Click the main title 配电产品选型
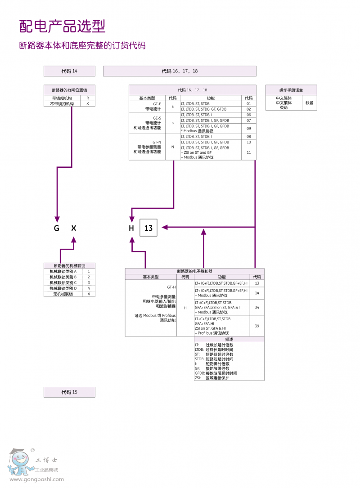point(62,26)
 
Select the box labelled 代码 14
point(69,71)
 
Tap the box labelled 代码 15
point(69,392)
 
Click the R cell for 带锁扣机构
point(88,98)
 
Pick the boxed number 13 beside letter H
point(148,228)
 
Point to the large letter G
point(57,228)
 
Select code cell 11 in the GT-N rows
point(248,152)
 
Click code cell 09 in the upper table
point(248,128)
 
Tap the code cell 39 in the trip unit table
point(257,326)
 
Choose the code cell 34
point(257,308)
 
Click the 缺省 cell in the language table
point(309,103)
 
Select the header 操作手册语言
point(291,90)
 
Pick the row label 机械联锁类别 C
point(63,282)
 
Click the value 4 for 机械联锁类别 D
point(89,288)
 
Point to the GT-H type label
point(171,287)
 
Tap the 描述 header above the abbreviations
point(229,339)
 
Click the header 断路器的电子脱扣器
point(195,271)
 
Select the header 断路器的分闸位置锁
point(70,90)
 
